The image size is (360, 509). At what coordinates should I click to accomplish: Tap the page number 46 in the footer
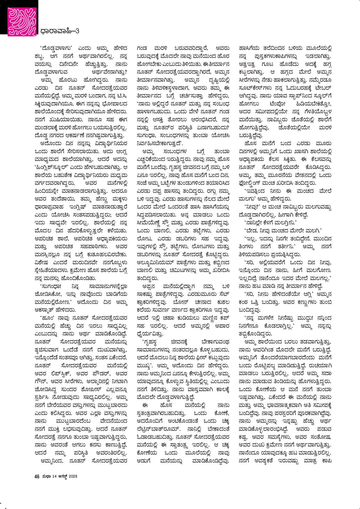coord(37,476)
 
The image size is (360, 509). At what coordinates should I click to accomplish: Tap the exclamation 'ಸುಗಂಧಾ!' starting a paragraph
coord(50,286)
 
